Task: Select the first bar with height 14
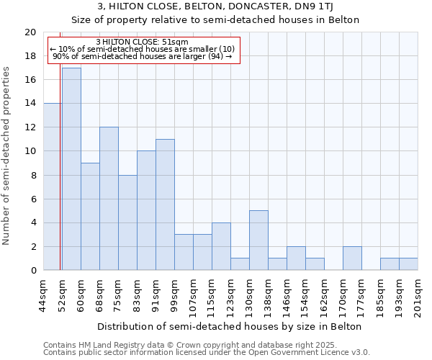tap(53, 186)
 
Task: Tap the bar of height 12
tap(109, 199)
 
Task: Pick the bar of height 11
tap(165, 204)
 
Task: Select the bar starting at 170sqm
tap(352, 258)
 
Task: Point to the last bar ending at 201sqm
tap(408, 264)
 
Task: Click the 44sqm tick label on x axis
tap(44, 294)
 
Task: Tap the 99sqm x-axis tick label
tap(175, 294)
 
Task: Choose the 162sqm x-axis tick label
tap(325, 296)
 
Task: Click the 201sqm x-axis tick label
tap(418, 296)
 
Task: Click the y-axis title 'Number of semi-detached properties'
tap(7, 156)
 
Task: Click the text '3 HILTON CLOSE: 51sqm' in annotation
tap(142, 42)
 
